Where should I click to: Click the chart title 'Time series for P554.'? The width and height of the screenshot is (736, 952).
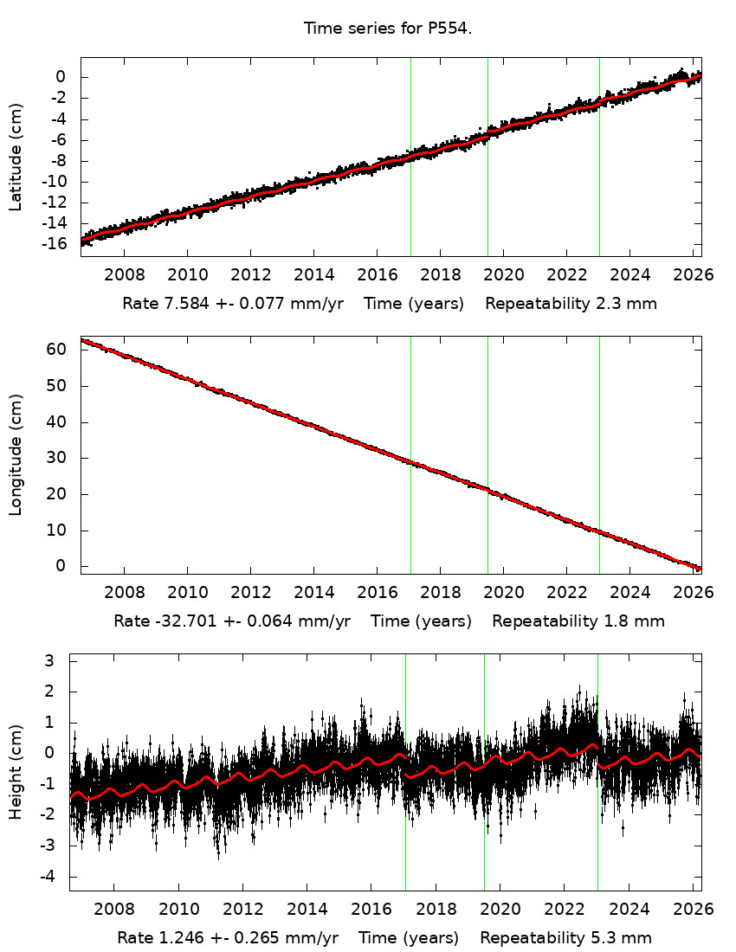click(x=387, y=29)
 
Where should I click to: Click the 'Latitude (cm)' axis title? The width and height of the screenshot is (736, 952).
click(x=16, y=157)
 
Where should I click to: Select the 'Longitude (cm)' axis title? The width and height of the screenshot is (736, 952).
click(x=16, y=455)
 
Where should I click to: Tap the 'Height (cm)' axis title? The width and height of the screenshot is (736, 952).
click(x=16, y=773)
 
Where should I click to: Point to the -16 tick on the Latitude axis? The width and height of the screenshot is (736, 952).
click(x=56, y=244)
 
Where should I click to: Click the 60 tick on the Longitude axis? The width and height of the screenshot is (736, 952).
click(x=57, y=350)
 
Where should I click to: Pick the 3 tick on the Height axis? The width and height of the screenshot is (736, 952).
click(x=49, y=660)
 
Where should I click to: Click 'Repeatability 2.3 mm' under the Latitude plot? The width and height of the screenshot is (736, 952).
click(x=571, y=304)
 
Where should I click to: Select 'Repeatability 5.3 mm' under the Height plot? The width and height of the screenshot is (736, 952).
click(x=565, y=937)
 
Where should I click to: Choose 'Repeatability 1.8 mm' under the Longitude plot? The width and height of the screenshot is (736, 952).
click(x=578, y=621)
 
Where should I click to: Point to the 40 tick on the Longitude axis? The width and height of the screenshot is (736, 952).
click(x=57, y=422)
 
